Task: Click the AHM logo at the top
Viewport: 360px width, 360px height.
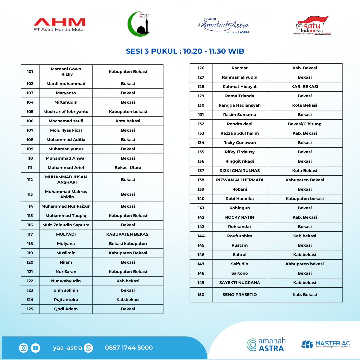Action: (x=59, y=24)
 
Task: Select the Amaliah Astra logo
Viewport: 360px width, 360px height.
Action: (x=223, y=25)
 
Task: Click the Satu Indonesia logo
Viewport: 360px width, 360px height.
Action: (x=312, y=25)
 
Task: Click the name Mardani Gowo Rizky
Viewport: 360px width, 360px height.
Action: (x=66, y=72)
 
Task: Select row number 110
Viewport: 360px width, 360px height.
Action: (x=30, y=158)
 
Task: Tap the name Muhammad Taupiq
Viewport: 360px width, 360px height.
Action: (x=66, y=216)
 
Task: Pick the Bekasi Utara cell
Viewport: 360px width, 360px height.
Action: (x=128, y=168)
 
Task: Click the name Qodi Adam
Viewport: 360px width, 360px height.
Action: (x=66, y=309)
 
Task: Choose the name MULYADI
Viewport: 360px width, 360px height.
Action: (x=66, y=234)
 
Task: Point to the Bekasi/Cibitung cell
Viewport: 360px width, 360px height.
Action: (x=305, y=124)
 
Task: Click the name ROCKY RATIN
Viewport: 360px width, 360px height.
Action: (x=240, y=217)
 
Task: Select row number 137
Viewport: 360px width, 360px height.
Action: (x=201, y=171)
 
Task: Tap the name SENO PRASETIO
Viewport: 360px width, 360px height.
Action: (x=240, y=295)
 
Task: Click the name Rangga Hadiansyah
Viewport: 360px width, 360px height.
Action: (x=240, y=105)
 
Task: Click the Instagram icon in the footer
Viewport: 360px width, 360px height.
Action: (x=24, y=348)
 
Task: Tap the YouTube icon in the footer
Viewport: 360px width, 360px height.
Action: (x=35, y=348)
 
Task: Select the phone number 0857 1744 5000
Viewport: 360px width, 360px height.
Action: (x=129, y=348)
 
